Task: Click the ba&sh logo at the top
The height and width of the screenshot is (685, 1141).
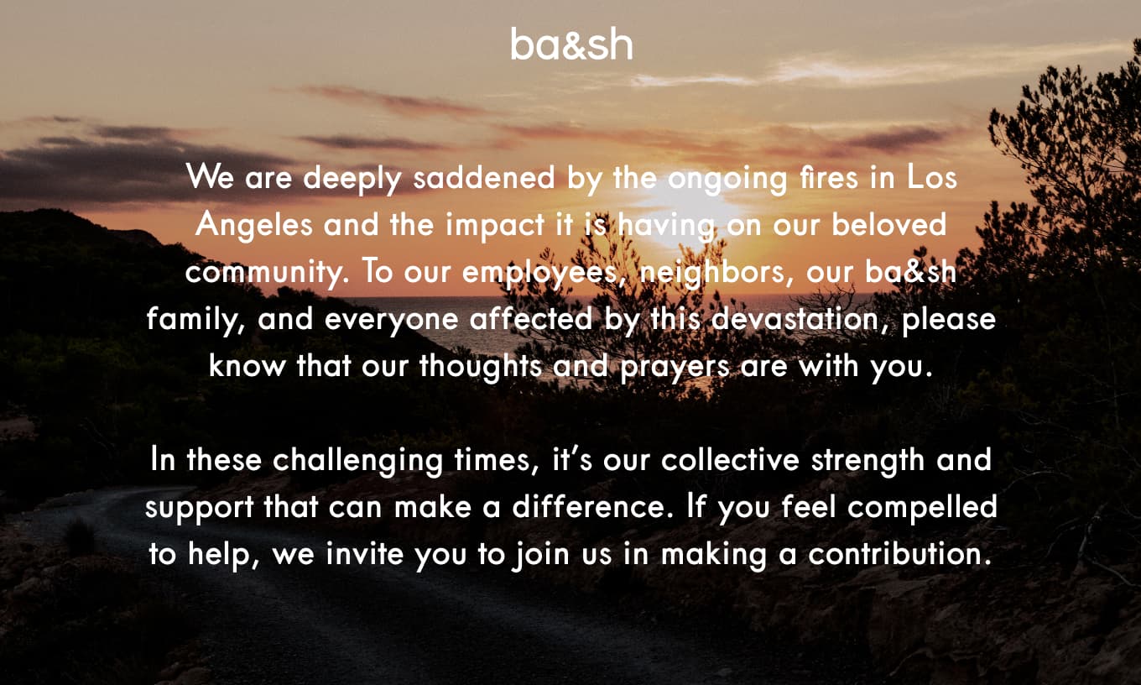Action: pyautogui.click(x=571, y=44)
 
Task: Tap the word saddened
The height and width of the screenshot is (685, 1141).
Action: pyautogui.click(x=483, y=177)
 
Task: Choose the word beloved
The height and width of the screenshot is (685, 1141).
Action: pyautogui.click(x=888, y=224)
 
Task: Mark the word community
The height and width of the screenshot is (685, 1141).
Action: pyautogui.click(x=266, y=273)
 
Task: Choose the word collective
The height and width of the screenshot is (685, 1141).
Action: pyautogui.click(x=730, y=460)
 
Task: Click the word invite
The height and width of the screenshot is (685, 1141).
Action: pyautogui.click(x=365, y=553)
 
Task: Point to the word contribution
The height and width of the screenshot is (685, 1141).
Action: pyautogui.click(x=899, y=553)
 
